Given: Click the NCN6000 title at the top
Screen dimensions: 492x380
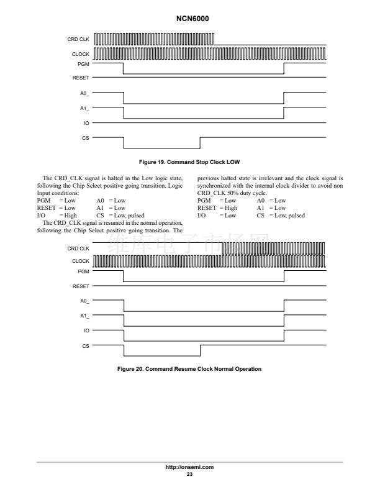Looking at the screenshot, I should pyautogui.click(x=190, y=19).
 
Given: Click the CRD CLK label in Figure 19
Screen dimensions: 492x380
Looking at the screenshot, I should pyautogui.click(x=78, y=40).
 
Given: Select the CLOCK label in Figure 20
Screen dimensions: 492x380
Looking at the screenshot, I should pyautogui.click(x=81, y=261).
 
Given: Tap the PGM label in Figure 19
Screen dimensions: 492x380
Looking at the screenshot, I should pyautogui.click(x=83, y=63).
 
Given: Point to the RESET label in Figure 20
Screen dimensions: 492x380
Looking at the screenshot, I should pyautogui.click(x=81, y=287).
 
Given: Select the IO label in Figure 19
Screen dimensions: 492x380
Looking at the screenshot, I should pyautogui.click(x=86, y=123).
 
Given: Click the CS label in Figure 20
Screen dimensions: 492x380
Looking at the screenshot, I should pyautogui.click(x=86, y=345).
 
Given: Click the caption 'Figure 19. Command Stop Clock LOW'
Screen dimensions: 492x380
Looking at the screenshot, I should pyautogui.click(x=189, y=162).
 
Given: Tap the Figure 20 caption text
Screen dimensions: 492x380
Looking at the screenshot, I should pyautogui.click(x=189, y=369).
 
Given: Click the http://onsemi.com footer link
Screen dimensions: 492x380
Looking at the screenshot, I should pyautogui.click(x=190, y=467).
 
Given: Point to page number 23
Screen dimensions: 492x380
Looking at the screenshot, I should pyautogui.click(x=190, y=475).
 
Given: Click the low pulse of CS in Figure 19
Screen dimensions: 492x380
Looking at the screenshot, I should pyautogui.click(x=161, y=148).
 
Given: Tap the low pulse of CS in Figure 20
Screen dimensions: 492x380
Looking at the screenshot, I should pyautogui.click(x=161, y=356).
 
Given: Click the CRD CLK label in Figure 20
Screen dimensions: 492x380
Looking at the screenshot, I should pyautogui.click(x=78, y=248).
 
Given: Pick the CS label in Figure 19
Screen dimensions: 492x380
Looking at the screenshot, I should pyautogui.click(x=86, y=137).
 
